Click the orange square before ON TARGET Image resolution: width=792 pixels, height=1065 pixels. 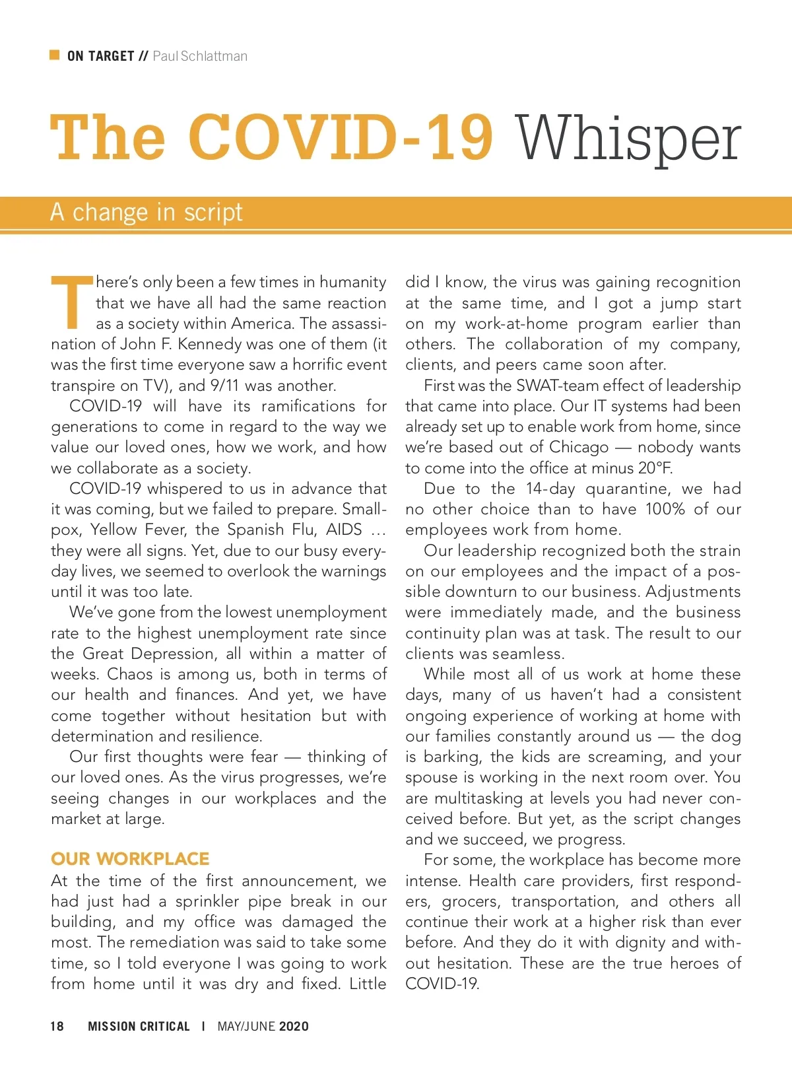(55, 55)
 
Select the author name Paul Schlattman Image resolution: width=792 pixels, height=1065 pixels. (199, 56)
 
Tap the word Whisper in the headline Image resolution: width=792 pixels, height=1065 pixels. (628, 139)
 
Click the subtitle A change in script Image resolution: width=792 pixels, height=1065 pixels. (147, 213)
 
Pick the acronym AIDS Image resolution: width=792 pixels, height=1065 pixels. (344, 530)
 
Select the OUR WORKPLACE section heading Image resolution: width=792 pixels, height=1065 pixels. (130, 859)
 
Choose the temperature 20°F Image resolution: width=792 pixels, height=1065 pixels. (655, 468)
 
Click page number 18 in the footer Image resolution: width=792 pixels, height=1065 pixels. (57, 1026)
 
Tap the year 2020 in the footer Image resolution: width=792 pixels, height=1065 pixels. (294, 1026)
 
